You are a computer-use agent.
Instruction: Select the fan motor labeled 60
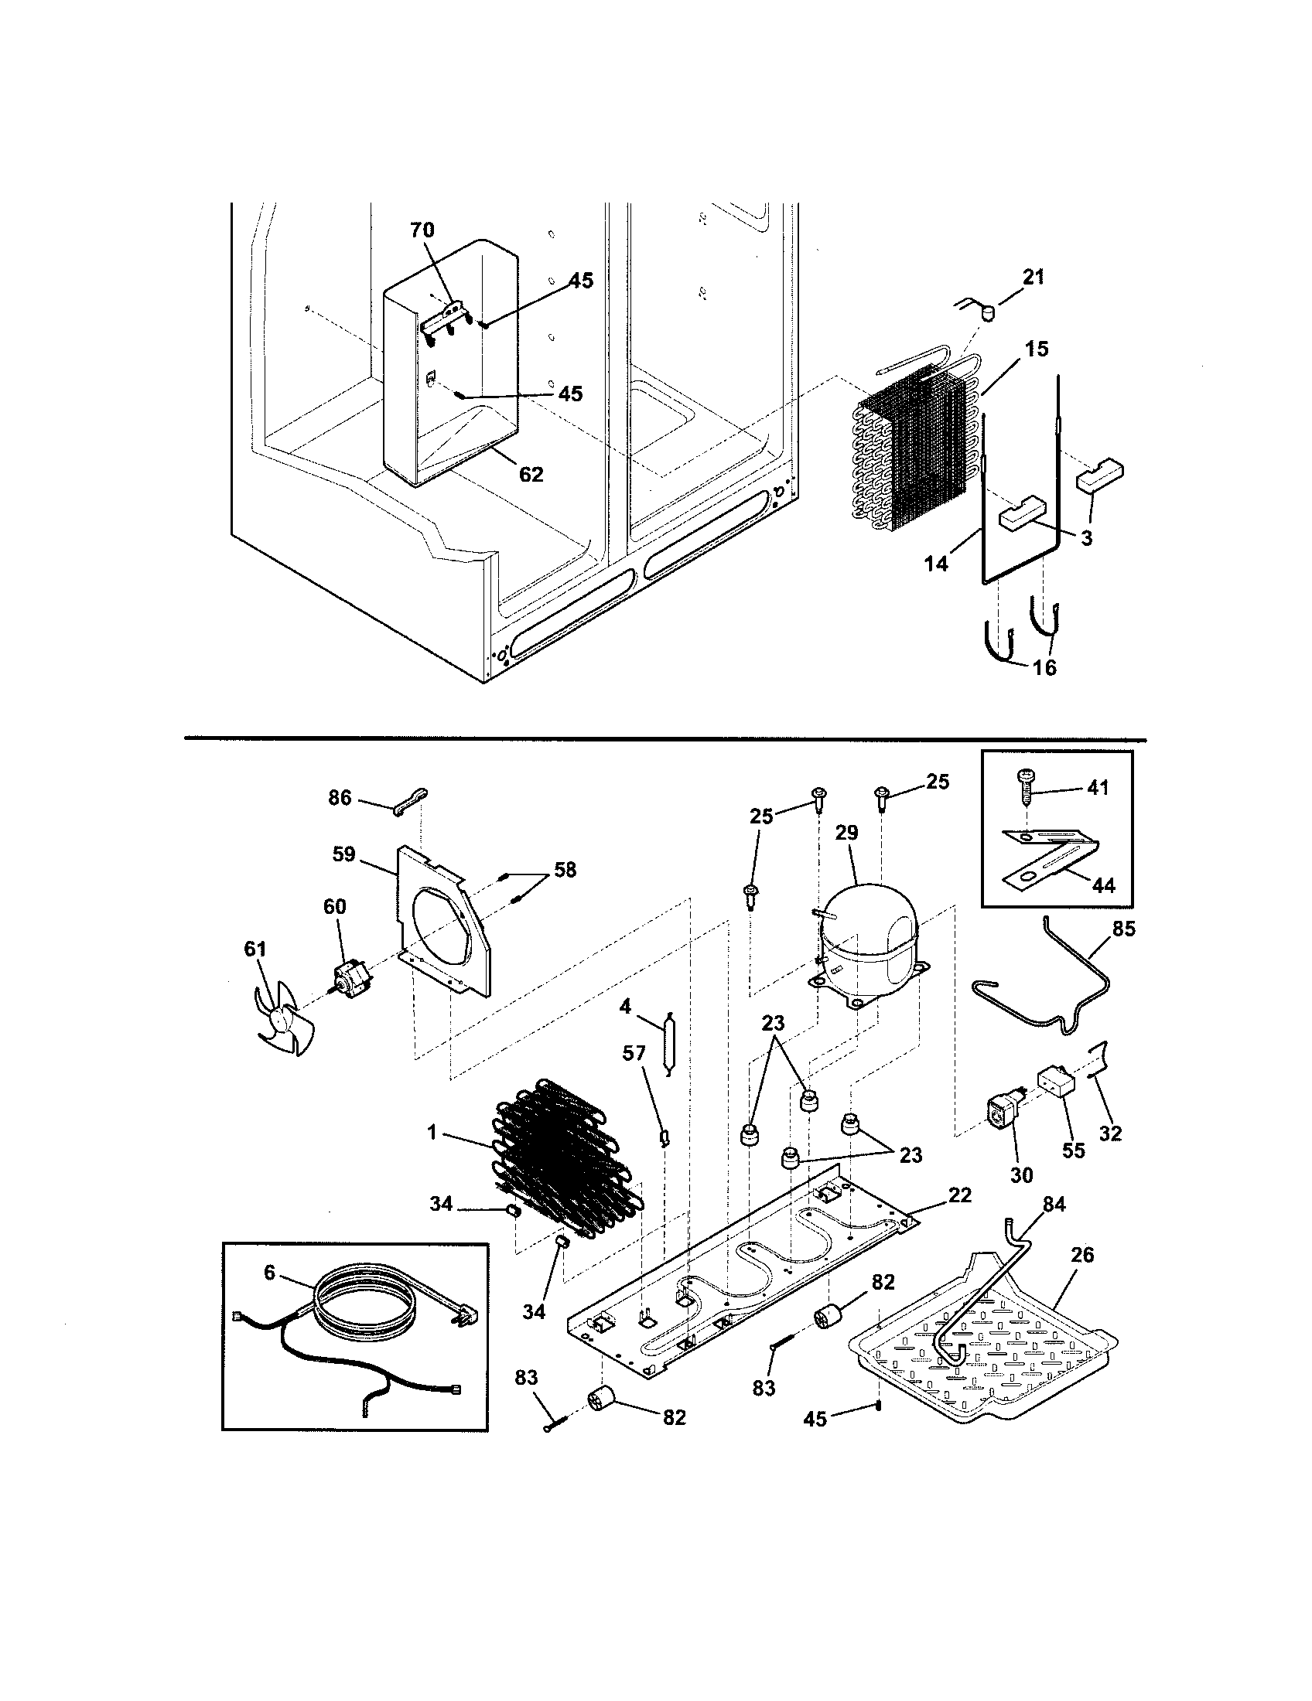point(348,978)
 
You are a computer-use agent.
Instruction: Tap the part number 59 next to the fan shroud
point(343,854)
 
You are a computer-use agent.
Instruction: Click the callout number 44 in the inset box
point(1104,885)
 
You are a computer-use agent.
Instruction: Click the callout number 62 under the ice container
point(531,473)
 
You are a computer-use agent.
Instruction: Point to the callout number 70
point(422,230)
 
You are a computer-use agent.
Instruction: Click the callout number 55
point(1074,1150)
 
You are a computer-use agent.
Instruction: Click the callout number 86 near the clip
point(340,798)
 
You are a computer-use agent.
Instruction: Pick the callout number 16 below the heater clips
point(1045,667)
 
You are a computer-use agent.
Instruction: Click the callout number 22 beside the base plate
point(960,1195)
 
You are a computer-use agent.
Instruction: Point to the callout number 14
point(937,563)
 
